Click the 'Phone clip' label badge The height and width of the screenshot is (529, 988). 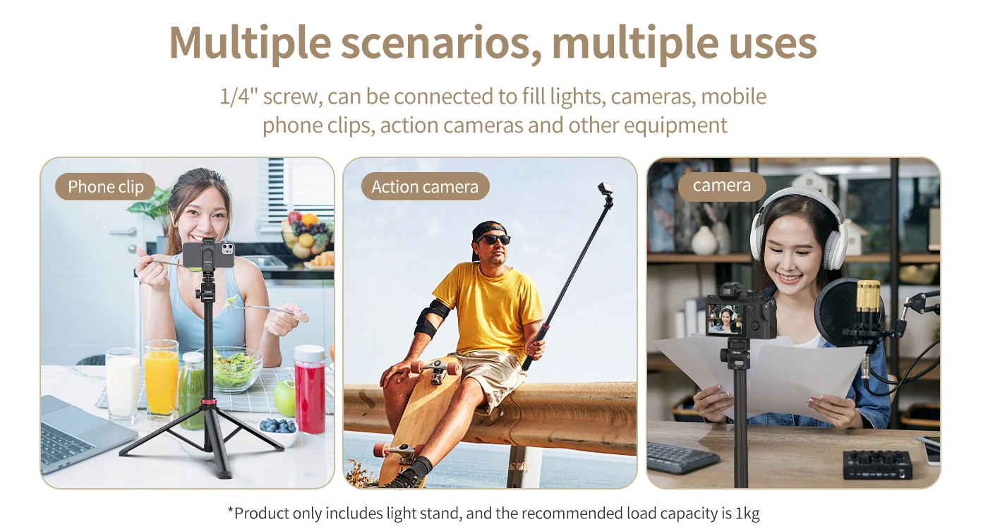[105, 186]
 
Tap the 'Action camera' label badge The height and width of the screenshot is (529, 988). [425, 186]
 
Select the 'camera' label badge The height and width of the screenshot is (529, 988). [721, 186]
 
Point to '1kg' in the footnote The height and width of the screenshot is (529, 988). [747, 513]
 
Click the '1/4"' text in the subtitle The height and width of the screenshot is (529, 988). [239, 97]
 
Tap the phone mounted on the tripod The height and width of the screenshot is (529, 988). [209, 255]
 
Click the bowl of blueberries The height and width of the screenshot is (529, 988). [278, 430]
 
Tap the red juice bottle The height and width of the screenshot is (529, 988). [310, 389]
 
